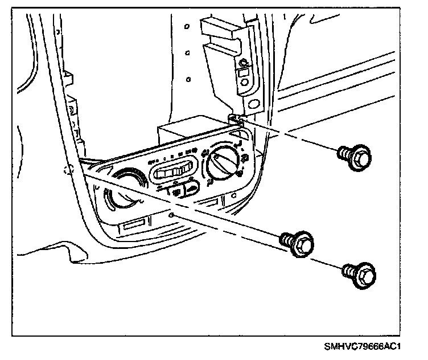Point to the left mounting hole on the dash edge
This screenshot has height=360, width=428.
point(68,170)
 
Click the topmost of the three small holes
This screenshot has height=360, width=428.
point(187,26)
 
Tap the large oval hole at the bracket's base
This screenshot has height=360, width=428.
point(245,83)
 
